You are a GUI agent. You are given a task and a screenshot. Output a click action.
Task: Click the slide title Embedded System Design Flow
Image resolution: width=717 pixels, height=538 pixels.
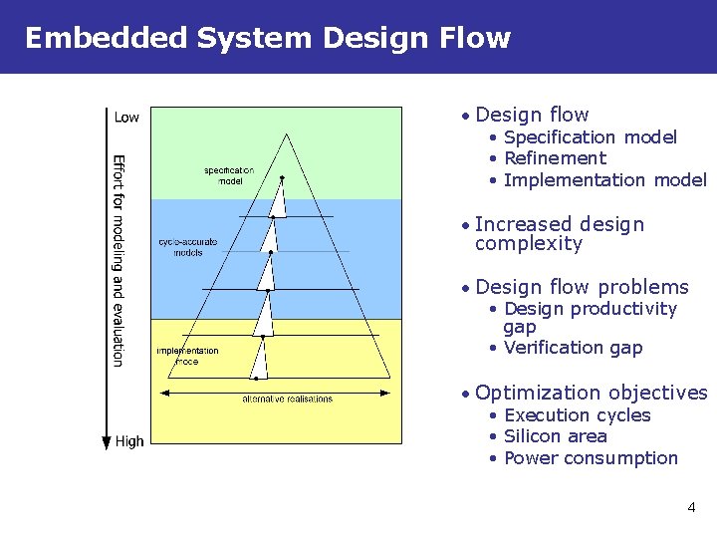tap(267, 38)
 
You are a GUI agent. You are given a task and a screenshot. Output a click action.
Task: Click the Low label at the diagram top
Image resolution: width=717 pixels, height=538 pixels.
tap(126, 118)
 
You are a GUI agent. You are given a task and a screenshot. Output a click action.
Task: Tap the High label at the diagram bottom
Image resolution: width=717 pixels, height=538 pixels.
tap(129, 440)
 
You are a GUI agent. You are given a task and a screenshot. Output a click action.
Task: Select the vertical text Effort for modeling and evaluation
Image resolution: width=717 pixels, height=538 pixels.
tap(118, 259)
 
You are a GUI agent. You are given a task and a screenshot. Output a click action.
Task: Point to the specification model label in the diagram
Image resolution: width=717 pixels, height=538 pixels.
tap(230, 175)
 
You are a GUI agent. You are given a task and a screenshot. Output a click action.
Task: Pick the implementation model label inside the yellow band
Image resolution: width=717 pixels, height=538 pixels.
tap(187, 356)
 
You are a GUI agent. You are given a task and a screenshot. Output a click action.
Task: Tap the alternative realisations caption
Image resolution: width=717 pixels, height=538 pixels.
tap(288, 399)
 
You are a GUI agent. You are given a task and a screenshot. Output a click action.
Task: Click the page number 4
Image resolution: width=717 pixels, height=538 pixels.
tap(691, 508)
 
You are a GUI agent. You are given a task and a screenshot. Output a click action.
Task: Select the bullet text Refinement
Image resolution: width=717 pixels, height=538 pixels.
tap(555, 158)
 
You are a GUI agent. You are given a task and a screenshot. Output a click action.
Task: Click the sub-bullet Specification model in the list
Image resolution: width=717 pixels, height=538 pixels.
tap(591, 137)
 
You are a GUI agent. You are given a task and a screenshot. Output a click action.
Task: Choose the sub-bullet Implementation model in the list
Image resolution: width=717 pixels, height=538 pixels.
tap(605, 180)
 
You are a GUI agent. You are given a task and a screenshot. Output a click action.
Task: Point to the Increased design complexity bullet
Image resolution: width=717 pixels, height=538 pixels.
tap(559, 234)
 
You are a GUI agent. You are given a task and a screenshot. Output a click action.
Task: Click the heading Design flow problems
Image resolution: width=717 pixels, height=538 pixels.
tap(582, 287)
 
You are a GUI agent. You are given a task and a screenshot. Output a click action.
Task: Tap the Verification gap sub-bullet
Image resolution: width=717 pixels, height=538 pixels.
tap(573, 348)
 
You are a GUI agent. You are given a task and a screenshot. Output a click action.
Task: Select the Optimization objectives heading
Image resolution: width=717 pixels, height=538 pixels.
tap(592, 393)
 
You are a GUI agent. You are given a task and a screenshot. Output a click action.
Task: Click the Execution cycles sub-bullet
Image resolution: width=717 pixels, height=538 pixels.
tap(577, 415)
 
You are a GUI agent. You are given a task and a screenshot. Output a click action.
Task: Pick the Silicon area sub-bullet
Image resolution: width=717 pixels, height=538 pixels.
tap(555, 436)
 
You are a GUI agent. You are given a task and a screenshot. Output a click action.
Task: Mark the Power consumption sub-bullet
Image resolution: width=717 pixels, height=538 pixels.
tap(591, 458)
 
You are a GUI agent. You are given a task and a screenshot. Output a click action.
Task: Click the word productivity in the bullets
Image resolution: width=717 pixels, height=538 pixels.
tap(626, 309)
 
